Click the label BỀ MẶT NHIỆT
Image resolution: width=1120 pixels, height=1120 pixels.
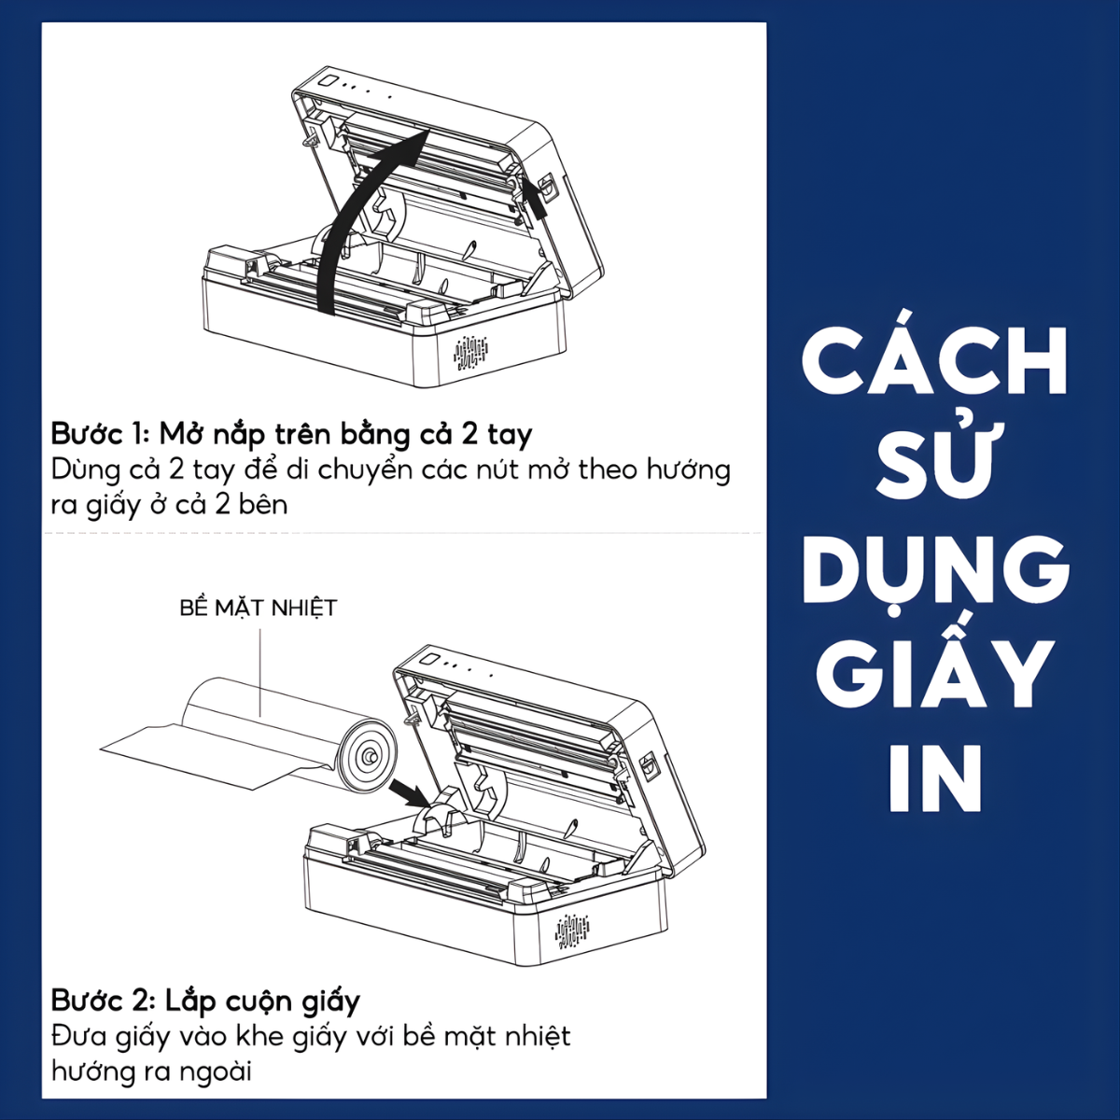point(258,608)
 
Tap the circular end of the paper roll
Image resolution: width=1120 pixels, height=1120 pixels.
point(369,755)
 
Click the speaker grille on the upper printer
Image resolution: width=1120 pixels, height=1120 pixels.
point(470,352)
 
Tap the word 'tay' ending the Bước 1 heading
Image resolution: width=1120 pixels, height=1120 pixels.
point(511,436)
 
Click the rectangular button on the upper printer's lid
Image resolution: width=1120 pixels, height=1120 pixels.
point(329,80)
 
